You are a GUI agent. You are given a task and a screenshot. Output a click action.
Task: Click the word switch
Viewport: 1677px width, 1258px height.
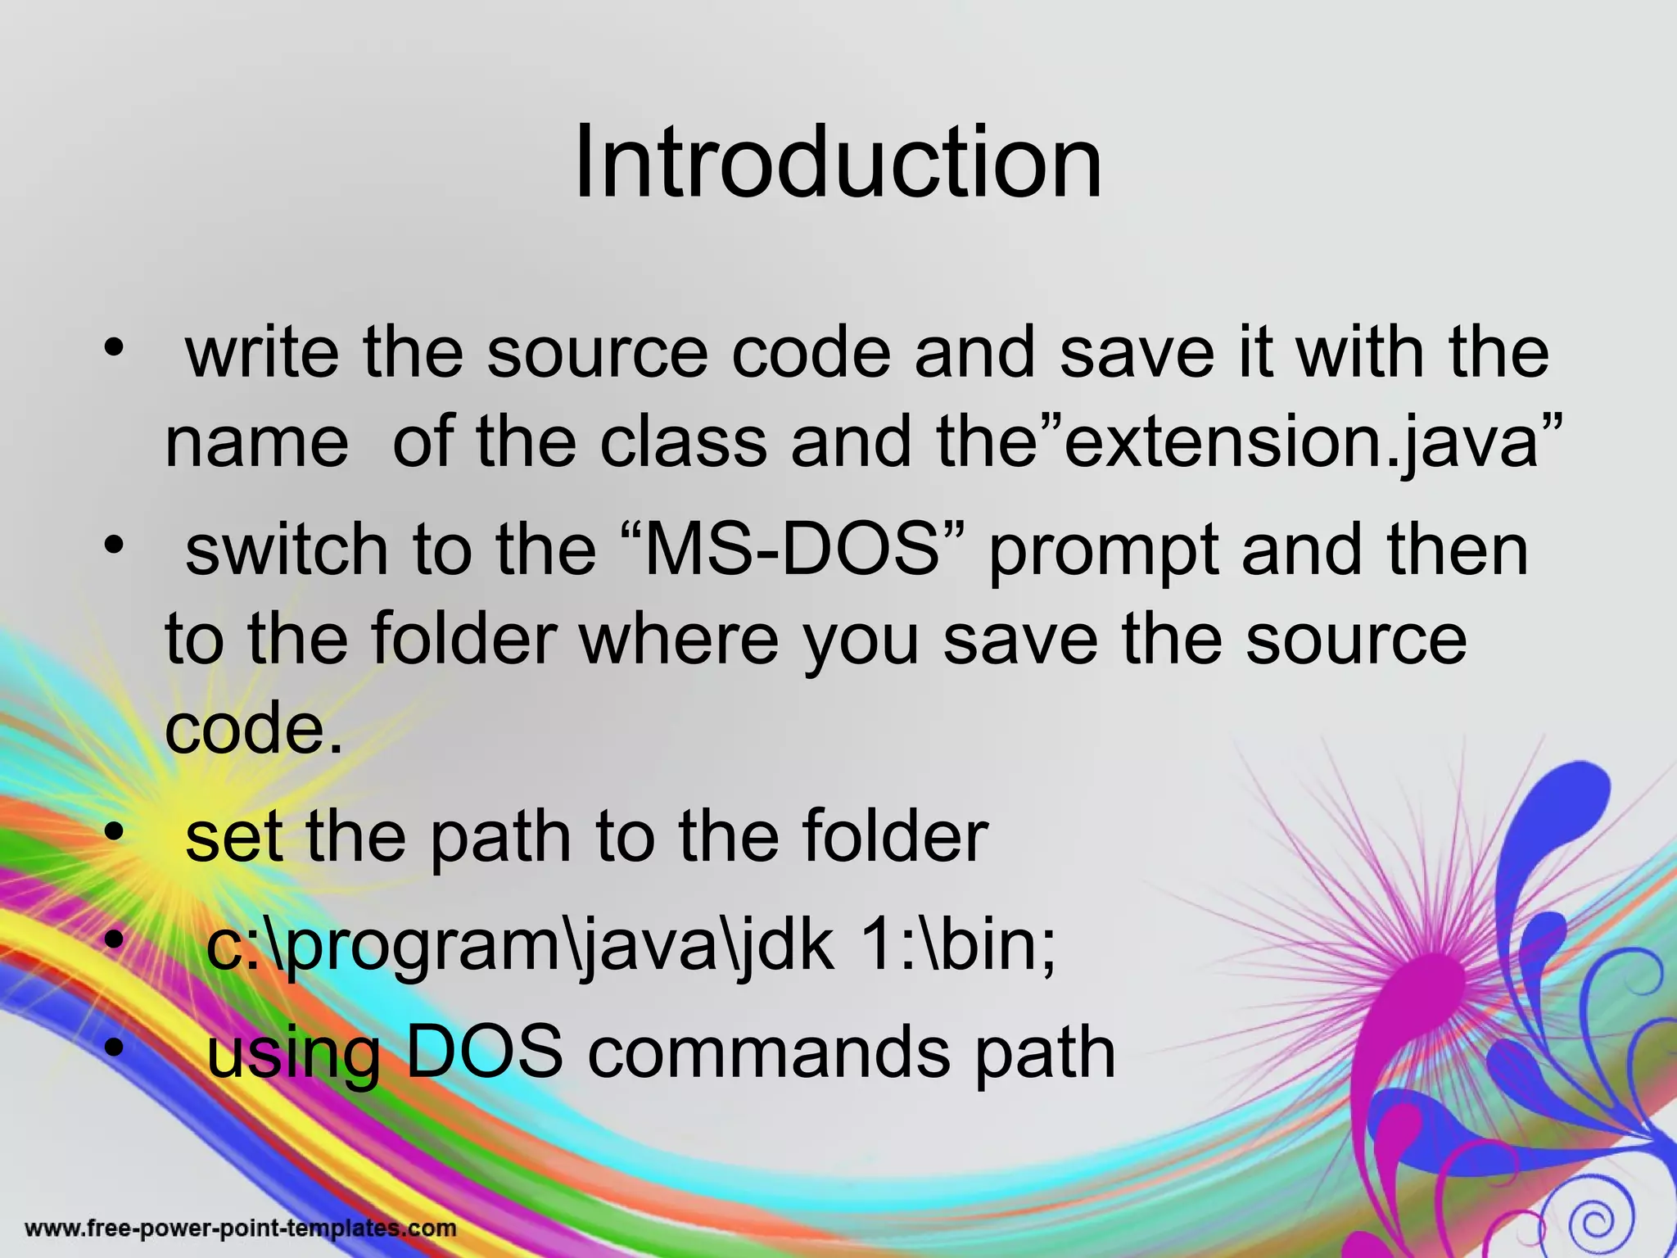click(x=287, y=550)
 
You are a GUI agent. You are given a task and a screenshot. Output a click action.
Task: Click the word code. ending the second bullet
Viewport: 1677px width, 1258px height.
click(x=254, y=729)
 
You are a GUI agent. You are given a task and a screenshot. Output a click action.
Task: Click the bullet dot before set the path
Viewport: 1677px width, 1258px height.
click(x=114, y=832)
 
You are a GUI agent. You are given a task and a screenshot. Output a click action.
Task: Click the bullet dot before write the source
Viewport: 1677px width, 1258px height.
click(x=114, y=347)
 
